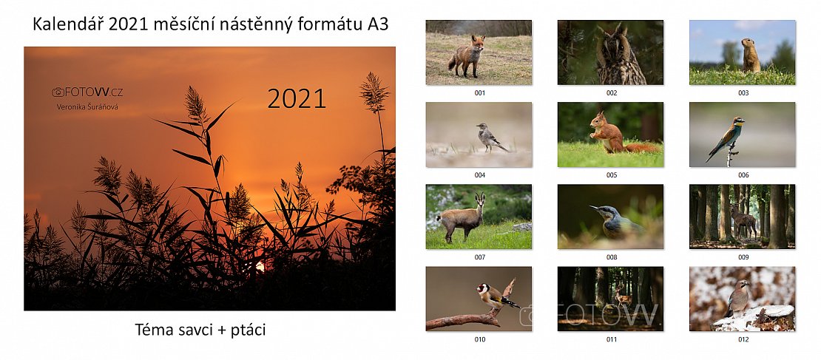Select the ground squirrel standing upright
point(750,55)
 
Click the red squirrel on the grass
point(618,135)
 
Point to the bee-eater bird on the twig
point(725,137)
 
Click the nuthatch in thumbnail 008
point(618,221)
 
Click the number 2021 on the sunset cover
point(297,98)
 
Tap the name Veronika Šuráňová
point(87,106)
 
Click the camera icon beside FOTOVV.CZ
point(58,92)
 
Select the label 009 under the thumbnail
point(743,257)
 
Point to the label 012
point(743,339)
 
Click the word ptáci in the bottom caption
point(248,330)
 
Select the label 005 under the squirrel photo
point(612,174)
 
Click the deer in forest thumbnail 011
point(622,296)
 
